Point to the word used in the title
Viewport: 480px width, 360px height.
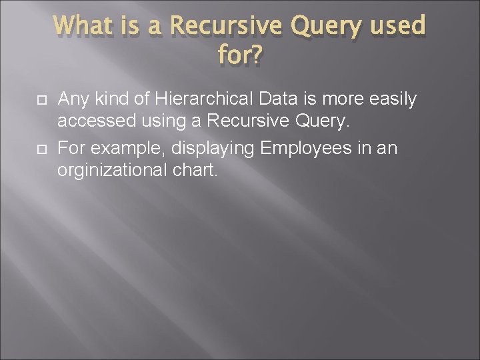[398, 27]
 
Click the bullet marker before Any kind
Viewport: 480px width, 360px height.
[40, 101]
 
